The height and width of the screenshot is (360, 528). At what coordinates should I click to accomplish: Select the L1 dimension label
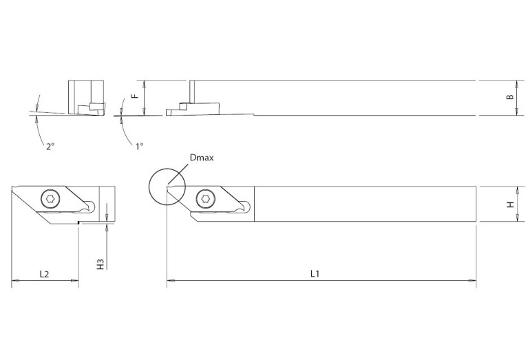(x=315, y=273)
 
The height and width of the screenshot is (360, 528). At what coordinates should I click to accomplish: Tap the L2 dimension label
(x=44, y=273)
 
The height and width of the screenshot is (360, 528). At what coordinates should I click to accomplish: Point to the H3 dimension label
(x=100, y=264)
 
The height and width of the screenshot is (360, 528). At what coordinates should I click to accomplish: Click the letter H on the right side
(x=509, y=204)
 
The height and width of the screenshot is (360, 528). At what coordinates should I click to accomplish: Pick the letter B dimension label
(x=509, y=98)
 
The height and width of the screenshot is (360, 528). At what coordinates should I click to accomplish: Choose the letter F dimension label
(x=136, y=97)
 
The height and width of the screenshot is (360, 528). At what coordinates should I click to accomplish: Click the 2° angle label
(x=50, y=146)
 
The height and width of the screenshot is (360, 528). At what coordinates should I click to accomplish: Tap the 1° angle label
(x=140, y=146)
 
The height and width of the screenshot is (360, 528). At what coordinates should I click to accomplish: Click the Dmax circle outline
(x=149, y=187)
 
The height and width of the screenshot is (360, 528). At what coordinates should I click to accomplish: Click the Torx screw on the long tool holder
(x=205, y=199)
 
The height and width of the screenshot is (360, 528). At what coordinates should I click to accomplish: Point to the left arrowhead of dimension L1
(x=169, y=280)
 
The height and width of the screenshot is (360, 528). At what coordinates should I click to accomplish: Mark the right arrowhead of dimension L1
(x=475, y=280)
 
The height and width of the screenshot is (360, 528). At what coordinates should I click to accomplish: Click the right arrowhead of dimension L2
(x=76, y=280)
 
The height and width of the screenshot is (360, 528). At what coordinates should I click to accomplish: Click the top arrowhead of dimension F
(x=144, y=83)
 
